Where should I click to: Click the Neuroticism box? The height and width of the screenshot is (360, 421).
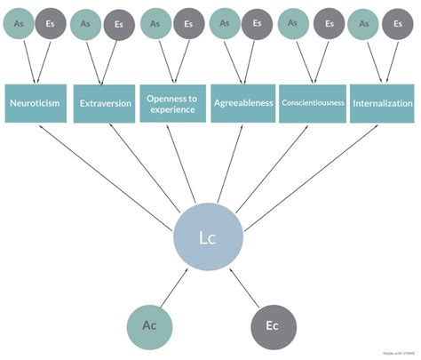(36, 103)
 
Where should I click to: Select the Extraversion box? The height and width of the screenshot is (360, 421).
(105, 103)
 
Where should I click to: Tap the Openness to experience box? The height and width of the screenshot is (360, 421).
(174, 103)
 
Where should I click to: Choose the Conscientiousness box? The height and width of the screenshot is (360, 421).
(312, 103)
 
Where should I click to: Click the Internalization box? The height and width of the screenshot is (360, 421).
(381, 103)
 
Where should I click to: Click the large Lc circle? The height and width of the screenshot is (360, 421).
(206, 237)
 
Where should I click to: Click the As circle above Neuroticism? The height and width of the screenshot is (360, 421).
(19, 25)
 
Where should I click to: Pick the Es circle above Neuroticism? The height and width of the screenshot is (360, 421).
(51, 25)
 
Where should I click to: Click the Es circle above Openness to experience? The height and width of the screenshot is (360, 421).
(188, 25)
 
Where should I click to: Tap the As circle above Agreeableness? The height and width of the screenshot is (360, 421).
(225, 25)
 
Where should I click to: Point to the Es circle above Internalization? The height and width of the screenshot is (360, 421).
(396, 25)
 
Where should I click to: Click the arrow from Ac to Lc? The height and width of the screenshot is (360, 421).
(172, 290)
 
